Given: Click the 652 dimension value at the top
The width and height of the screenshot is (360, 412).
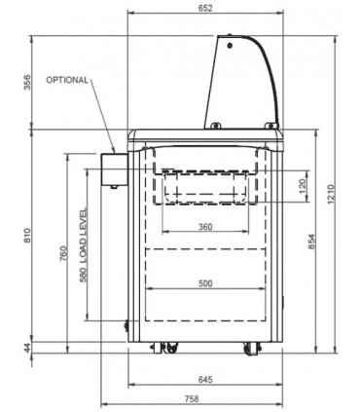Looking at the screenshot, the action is tap(205, 8).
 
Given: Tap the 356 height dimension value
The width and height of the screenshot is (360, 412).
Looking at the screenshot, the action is tap(28, 83).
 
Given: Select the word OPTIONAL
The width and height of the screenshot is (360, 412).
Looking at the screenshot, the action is tap(67, 80).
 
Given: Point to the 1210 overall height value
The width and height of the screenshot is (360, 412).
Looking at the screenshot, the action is tap(331, 194).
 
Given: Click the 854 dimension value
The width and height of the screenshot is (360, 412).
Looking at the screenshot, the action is tap(311, 242).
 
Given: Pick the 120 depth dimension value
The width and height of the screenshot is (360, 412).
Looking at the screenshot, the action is tap(303, 186).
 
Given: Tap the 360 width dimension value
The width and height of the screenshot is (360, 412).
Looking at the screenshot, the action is tap(205, 227).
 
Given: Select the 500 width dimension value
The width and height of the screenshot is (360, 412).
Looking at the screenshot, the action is tap(205, 283).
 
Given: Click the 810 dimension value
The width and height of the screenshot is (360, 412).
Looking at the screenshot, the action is tap(28, 236).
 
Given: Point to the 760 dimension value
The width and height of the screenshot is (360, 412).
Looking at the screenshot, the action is tap(64, 254).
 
